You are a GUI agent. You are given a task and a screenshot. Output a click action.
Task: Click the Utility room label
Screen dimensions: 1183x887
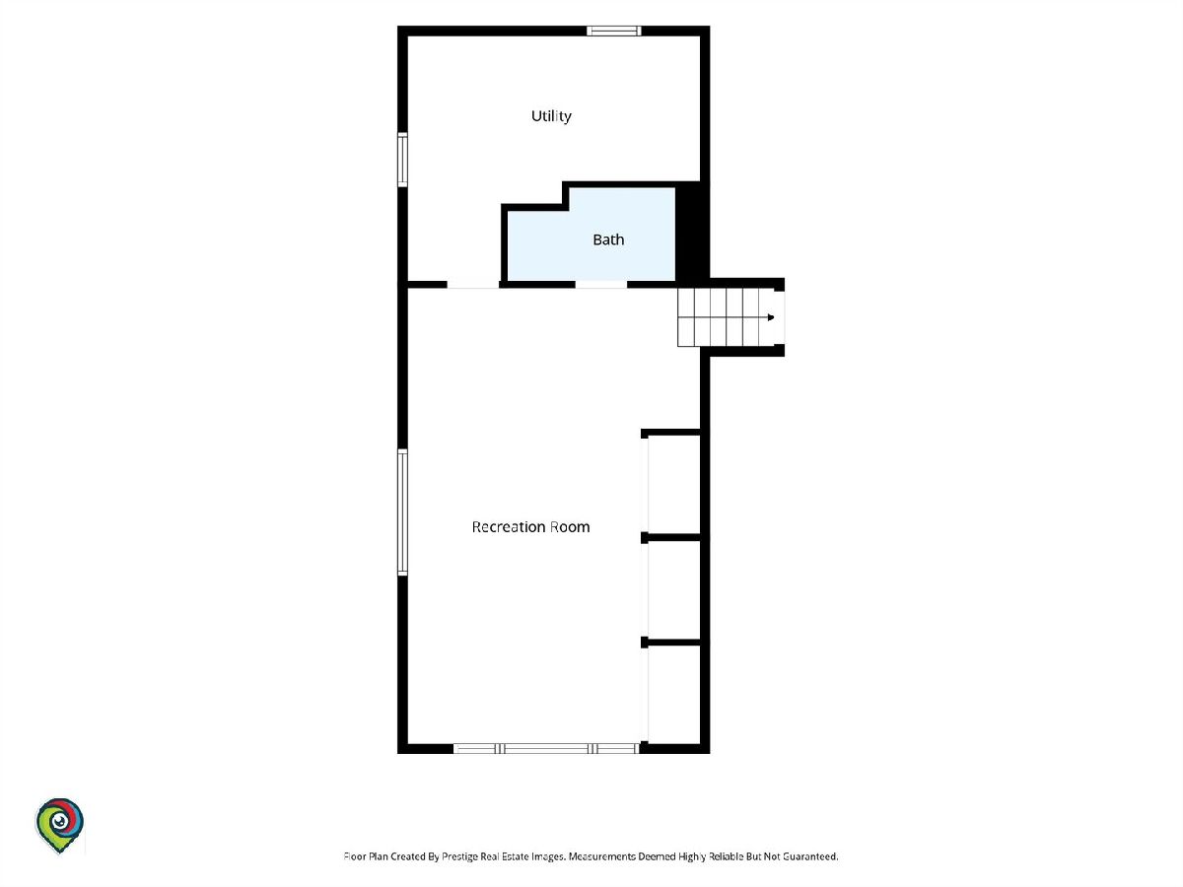(x=551, y=116)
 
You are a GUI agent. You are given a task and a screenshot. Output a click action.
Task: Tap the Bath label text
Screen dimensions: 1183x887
(x=608, y=239)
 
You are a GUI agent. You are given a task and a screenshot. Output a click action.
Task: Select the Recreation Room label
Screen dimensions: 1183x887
(x=530, y=526)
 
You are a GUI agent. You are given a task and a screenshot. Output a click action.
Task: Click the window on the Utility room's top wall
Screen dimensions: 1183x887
(x=614, y=31)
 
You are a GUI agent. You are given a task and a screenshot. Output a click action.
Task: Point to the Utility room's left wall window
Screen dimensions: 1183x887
(x=402, y=160)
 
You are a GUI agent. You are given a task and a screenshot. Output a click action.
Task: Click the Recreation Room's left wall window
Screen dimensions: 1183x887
(x=402, y=512)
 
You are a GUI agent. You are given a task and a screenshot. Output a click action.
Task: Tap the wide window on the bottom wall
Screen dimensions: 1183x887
(x=546, y=748)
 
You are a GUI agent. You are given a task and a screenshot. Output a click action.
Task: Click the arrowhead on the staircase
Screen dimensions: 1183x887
(x=771, y=317)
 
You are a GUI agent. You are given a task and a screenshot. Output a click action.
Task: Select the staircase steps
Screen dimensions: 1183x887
(x=726, y=317)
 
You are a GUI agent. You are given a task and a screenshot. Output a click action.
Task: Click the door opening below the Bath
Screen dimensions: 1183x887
(x=601, y=285)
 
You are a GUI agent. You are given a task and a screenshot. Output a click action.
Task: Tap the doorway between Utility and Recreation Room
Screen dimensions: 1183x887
(x=473, y=285)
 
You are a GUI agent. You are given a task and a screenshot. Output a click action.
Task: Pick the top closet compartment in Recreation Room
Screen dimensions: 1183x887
(x=673, y=484)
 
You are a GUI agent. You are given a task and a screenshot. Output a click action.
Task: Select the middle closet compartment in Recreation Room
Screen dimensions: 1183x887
(x=673, y=589)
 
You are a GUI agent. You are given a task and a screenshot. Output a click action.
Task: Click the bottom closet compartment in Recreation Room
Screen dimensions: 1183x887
(x=673, y=694)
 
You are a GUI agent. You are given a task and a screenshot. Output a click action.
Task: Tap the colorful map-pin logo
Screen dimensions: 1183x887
(x=59, y=825)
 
